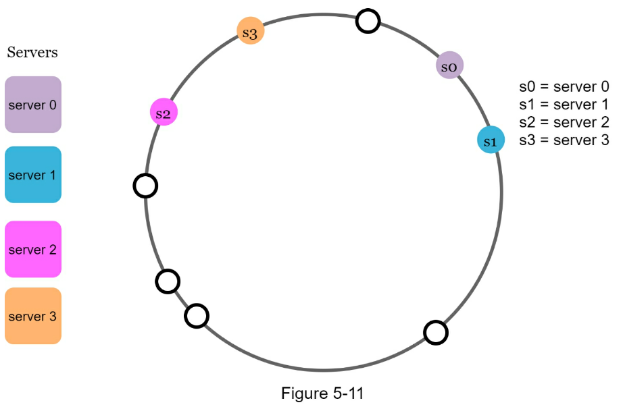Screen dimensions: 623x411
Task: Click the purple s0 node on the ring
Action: [x=449, y=65]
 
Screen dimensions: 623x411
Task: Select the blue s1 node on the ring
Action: [x=490, y=140]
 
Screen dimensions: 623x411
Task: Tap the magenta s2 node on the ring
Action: [x=164, y=112]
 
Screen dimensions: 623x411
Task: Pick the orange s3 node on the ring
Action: [x=250, y=32]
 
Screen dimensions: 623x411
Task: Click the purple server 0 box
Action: [x=33, y=105]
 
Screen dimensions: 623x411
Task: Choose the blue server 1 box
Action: [x=33, y=175]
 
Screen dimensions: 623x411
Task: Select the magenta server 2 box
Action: [x=33, y=249]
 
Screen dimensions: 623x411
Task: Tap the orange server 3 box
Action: [x=33, y=316]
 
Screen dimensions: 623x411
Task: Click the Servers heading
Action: [x=32, y=53]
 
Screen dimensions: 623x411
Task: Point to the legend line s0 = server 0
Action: [x=564, y=86]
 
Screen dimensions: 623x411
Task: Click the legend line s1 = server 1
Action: [x=564, y=105]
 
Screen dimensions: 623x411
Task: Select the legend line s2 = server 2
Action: [x=564, y=122]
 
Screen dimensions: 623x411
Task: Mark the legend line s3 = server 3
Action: [x=564, y=140]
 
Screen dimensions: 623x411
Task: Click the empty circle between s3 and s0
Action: [x=368, y=21]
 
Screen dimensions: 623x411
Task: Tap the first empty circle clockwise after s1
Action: [x=436, y=332]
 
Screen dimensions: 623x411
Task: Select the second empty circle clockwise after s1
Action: [x=197, y=315]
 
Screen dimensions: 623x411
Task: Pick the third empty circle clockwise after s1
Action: [x=168, y=281]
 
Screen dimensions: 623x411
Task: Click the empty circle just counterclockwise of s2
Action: [x=145, y=185]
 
